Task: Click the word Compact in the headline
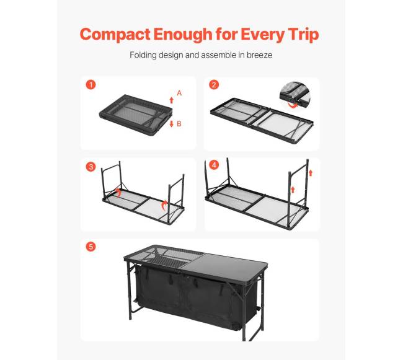(x=115, y=35)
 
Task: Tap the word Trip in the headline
(x=303, y=35)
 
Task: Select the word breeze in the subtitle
(x=259, y=55)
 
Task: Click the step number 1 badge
(x=91, y=84)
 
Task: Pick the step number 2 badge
(x=214, y=84)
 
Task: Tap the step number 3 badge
(x=91, y=167)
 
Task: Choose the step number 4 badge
(x=214, y=165)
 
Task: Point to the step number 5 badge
(x=91, y=247)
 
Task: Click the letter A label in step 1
(x=179, y=93)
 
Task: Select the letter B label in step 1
(x=179, y=124)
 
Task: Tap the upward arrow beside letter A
(x=171, y=100)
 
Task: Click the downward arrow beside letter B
(x=171, y=124)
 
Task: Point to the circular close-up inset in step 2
(x=295, y=95)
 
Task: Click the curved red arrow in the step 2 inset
(x=292, y=105)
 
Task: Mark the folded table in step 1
(x=136, y=115)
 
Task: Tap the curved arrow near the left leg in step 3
(x=118, y=193)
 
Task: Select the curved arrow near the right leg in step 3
(x=164, y=206)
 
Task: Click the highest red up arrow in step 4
(x=311, y=173)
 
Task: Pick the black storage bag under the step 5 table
(x=195, y=296)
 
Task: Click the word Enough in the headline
(x=183, y=35)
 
